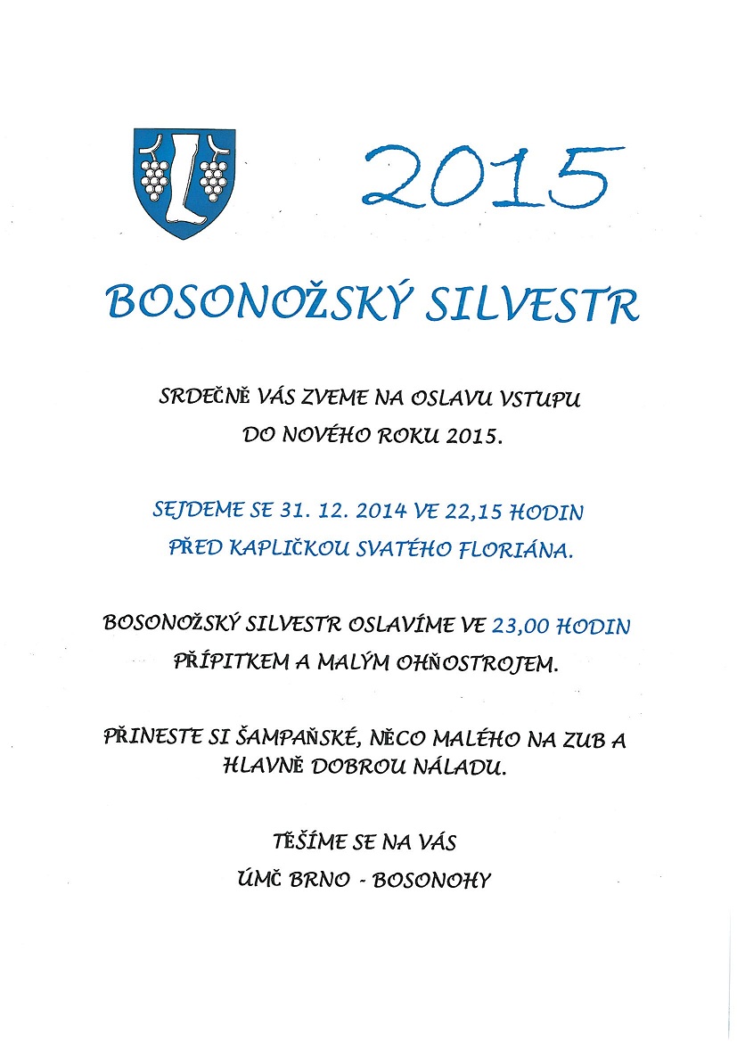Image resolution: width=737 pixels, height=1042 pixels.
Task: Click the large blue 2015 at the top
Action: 481,172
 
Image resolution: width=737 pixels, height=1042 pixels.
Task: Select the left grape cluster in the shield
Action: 156,177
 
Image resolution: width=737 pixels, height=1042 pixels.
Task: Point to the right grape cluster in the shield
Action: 214,177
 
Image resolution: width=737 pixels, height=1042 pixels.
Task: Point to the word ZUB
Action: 568,739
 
